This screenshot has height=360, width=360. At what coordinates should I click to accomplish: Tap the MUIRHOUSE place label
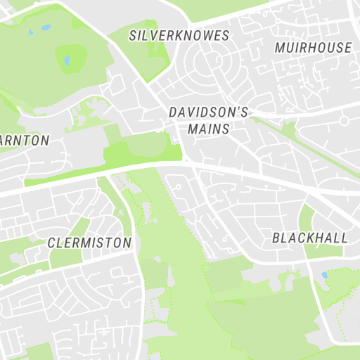pos(313,48)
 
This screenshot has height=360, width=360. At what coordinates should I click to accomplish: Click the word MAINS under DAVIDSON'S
pos(209,129)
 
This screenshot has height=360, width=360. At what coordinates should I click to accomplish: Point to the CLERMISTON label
pos(89,243)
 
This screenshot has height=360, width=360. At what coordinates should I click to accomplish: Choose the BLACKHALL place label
pos(309,238)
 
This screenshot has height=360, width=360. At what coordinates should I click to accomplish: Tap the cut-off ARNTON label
pos(25,141)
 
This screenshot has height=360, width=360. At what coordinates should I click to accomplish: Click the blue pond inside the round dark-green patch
pos(67,60)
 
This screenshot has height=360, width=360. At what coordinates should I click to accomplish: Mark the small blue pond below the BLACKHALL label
pos(323,275)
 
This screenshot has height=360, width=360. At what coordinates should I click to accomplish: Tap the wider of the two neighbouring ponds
pos(46,28)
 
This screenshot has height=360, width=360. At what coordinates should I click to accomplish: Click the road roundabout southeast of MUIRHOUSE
pos(344,121)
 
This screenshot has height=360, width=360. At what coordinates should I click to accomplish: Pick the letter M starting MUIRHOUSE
pos(280,48)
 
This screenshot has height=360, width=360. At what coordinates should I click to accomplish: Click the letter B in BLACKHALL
pos(276,238)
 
